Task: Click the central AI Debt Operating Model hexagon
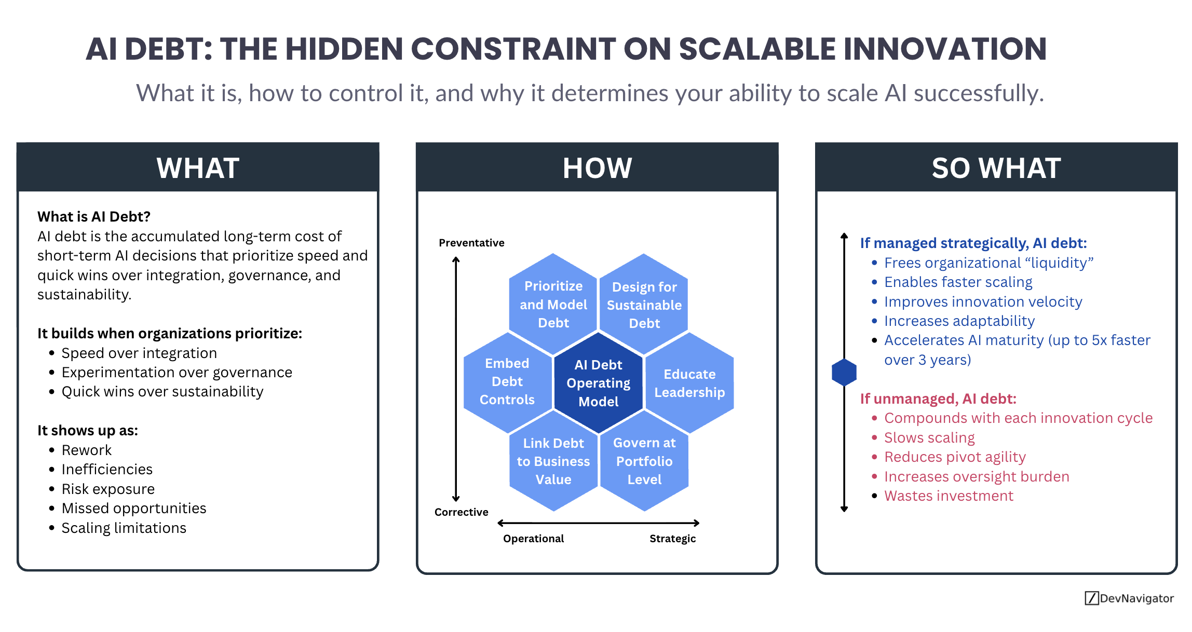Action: [598, 383]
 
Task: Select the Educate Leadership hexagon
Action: [689, 383]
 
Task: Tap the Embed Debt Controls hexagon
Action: [507, 381]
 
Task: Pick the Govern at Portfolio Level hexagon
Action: [644, 461]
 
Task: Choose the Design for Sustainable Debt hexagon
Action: [644, 305]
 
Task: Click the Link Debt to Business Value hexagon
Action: [553, 461]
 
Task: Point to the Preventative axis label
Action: [471, 243]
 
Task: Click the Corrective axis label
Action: [461, 512]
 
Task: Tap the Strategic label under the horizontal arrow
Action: [672, 539]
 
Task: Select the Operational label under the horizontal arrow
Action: [533, 539]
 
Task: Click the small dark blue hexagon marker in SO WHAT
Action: [844, 372]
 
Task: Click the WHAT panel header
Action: [198, 168]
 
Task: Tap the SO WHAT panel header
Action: [996, 168]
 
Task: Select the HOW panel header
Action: [597, 168]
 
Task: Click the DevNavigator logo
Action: [1129, 598]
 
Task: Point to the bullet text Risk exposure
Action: [108, 489]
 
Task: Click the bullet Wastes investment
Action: [949, 496]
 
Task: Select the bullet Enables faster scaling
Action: [958, 282]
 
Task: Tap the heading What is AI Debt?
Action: [94, 216]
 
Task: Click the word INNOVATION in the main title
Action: [945, 49]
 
